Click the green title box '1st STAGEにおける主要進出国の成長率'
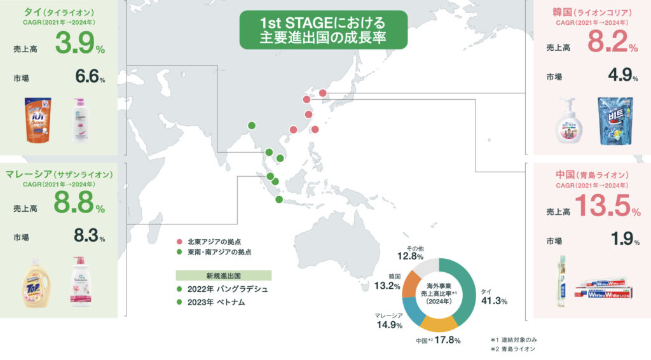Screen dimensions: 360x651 pos(323,30)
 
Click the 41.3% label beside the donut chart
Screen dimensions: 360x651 pos(494,300)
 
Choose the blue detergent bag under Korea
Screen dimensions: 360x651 pos(615,121)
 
